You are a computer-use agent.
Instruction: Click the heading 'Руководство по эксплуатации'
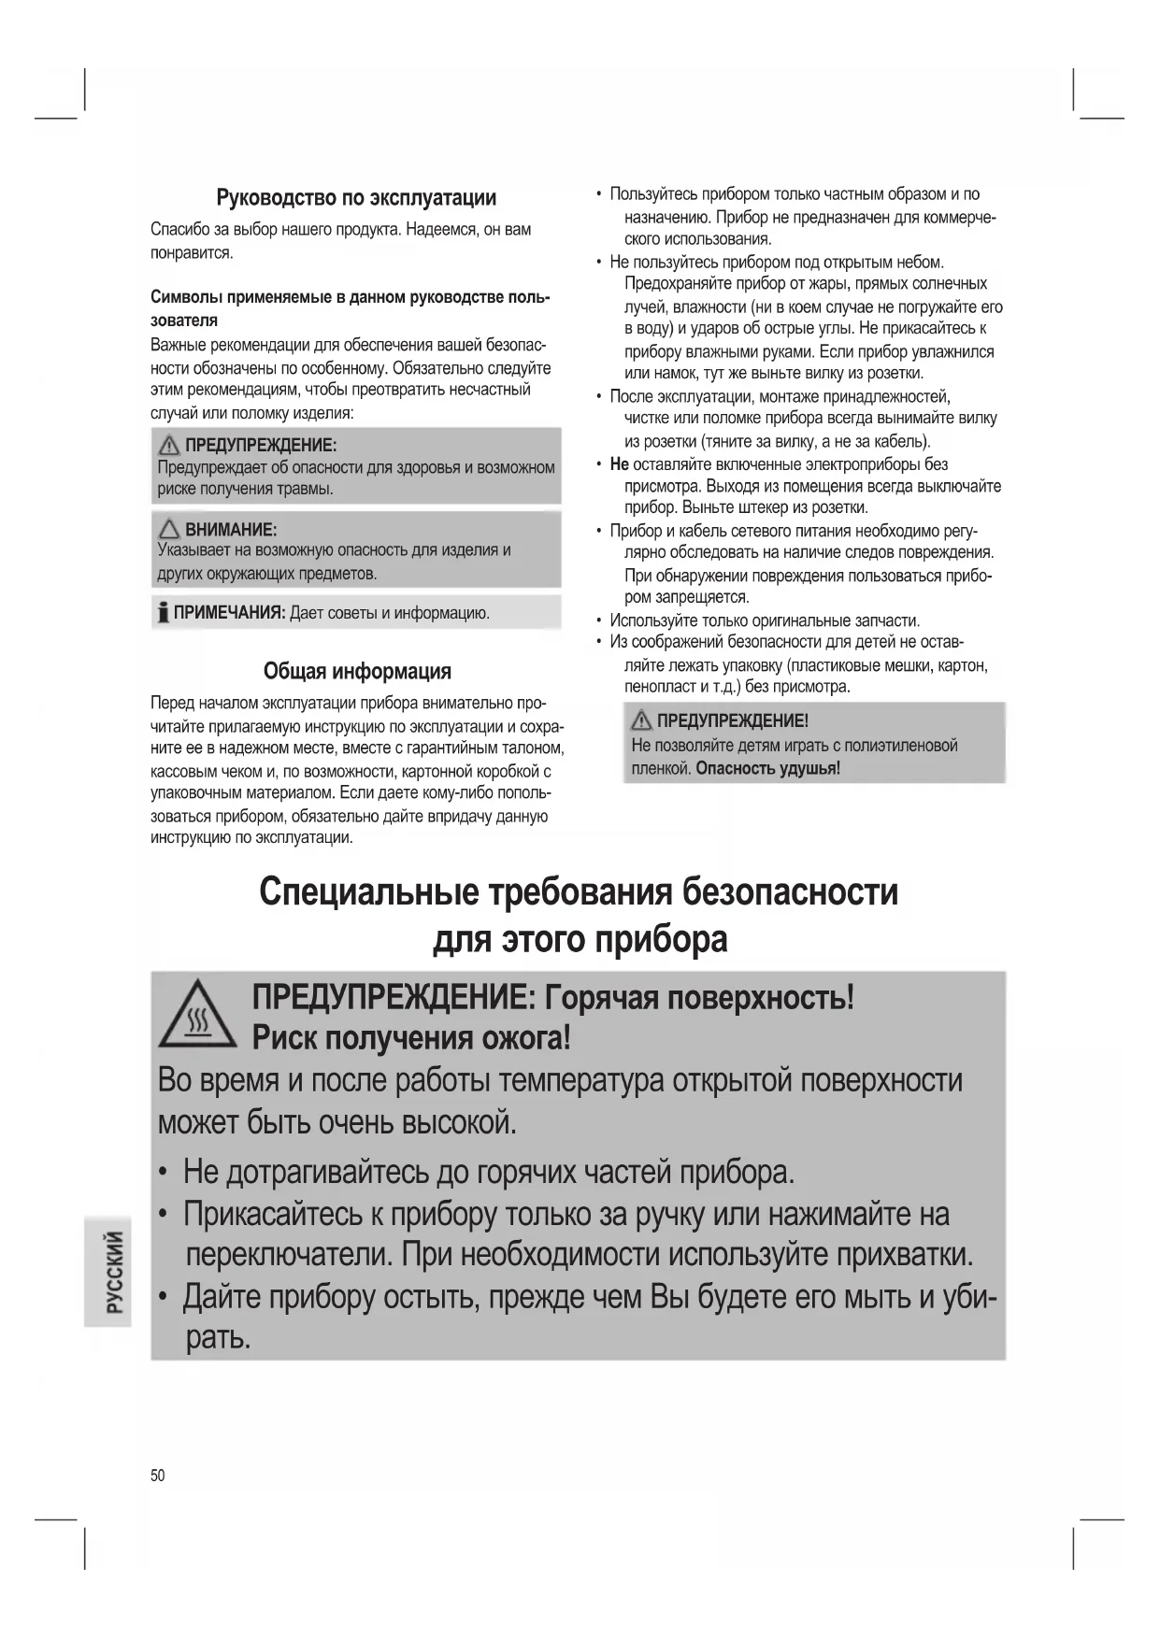tap(356, 198)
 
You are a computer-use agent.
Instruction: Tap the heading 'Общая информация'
tap(356, 671)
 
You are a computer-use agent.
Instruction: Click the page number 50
tap(157, 1475)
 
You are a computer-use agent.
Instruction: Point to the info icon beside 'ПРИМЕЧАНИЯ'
tap(164, 613)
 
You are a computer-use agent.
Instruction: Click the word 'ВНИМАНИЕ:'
tap(231, 530)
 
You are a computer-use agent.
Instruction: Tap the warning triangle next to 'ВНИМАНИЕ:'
tap(169, 530)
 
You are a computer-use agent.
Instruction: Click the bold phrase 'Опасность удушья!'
tap(767, 768)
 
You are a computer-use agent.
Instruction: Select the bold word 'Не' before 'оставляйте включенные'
tap(619, 464)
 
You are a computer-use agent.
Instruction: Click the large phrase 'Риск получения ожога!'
tap(411, 1038)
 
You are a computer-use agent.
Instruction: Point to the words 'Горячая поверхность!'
tap(699, 998)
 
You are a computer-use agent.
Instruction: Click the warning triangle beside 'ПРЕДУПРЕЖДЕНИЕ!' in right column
tap(641, 720)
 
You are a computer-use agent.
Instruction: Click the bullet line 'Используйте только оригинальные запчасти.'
tap(765, 620)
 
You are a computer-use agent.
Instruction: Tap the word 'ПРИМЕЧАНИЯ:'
tap(229, 613)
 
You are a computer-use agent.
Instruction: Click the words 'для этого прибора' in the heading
tap(580, 939)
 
